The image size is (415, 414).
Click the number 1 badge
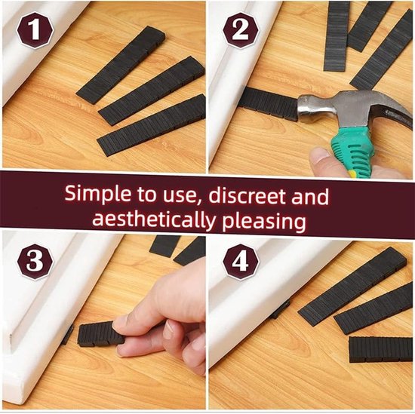[35, 30]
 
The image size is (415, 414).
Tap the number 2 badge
[241, 30]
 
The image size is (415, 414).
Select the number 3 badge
[35, 262]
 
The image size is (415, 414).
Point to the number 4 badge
[241, 262]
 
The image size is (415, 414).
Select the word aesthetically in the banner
[154, 220]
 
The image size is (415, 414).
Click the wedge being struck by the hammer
[269, 104]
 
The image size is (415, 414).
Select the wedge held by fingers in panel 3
[100, 334]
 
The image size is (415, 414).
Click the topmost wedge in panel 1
[121, 65]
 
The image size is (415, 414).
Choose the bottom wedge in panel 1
[151, 125]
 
